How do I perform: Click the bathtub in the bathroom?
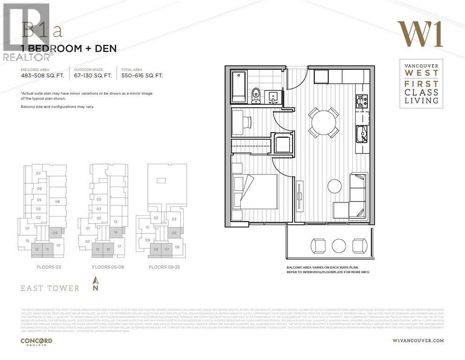tap(239, 87)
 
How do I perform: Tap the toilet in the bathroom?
tap(256, 96)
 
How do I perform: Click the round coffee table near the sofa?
tap(334, 186)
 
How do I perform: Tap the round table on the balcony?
tap(339, 245)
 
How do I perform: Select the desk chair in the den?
tap(246, 122)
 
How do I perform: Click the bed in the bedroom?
tap(254, 192)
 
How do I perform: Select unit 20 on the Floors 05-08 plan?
tap(87, 241)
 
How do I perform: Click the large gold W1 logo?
tap(420, 34)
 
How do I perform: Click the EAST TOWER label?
tap(50, 288)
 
